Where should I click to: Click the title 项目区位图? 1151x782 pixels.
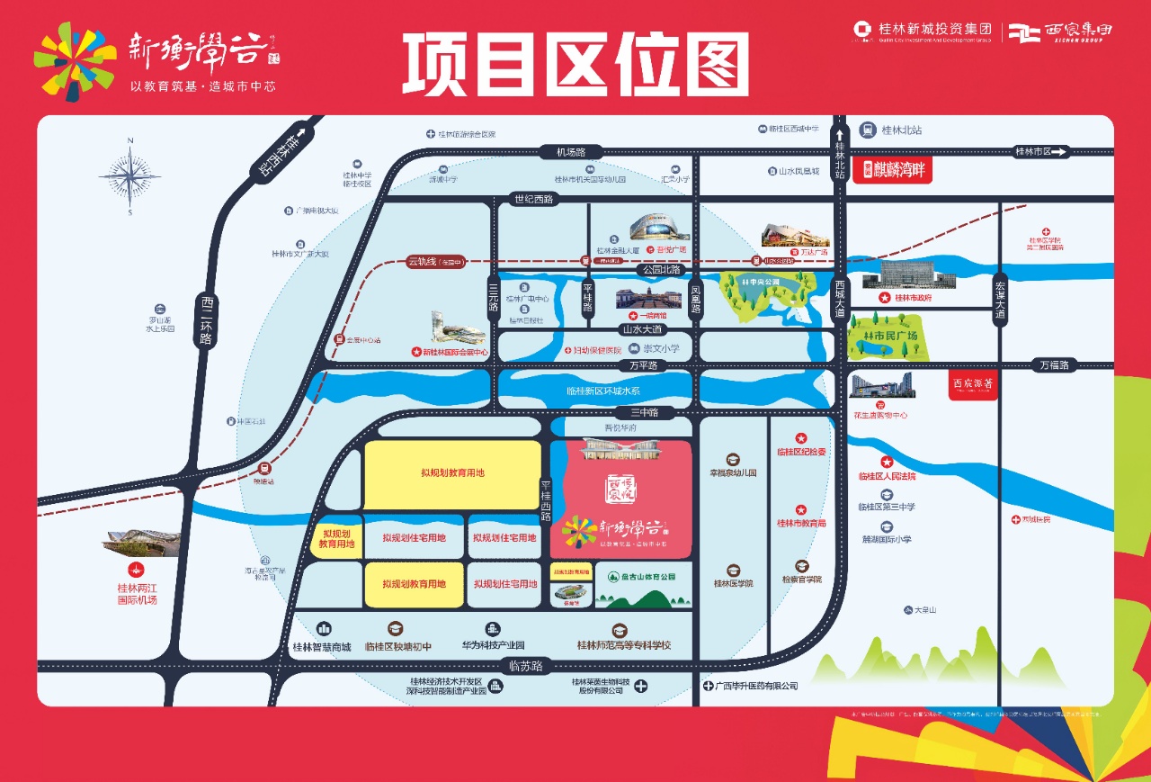point(575,64)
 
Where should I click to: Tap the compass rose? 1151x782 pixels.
point(130,176)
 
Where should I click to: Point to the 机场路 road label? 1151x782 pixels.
point(570,152)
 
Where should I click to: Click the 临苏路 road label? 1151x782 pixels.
point(525,667)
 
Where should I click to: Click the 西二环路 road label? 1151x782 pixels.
point(206,320)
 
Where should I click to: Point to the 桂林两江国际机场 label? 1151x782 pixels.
point(137,594)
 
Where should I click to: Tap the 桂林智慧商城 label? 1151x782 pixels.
point(321,646)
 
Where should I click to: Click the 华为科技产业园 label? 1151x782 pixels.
point(493,645)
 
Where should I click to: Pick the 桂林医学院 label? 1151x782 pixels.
point(734,583)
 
